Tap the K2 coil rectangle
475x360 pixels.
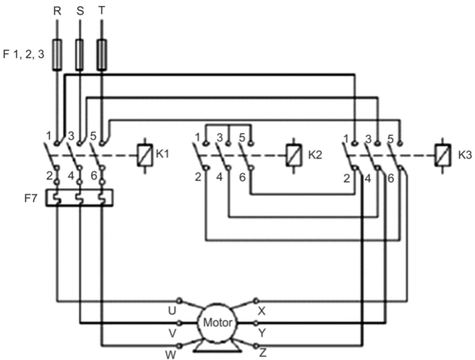[294, 154]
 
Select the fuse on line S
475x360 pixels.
[80, 54]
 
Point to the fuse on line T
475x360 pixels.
[102, 54]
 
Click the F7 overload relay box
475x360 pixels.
[79, 198]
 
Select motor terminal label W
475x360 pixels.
[170, 354]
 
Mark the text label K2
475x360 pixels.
[316, 154]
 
